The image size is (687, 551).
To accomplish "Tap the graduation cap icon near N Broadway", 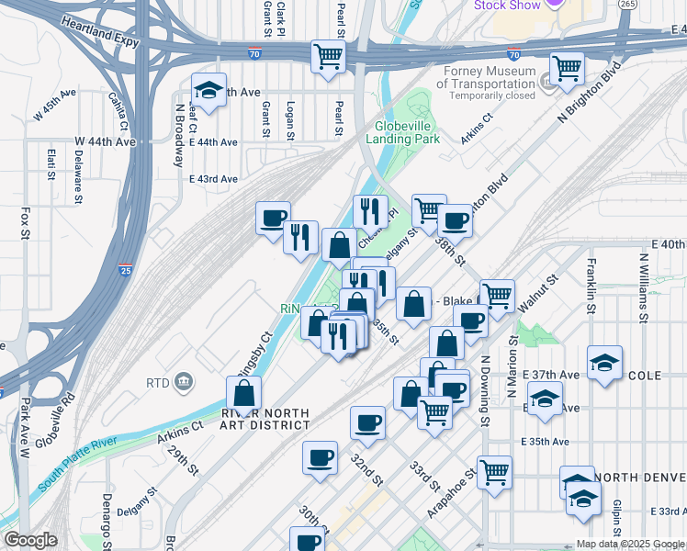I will (209, 90).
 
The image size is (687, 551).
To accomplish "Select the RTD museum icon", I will (183, 381).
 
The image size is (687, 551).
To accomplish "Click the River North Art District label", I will (265, 419).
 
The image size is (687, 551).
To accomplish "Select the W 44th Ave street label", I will (105, 141).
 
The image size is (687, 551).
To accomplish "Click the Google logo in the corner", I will (30, 540).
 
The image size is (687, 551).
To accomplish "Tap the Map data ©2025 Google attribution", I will (630, 544).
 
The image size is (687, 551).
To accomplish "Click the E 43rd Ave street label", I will (213, 179).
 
